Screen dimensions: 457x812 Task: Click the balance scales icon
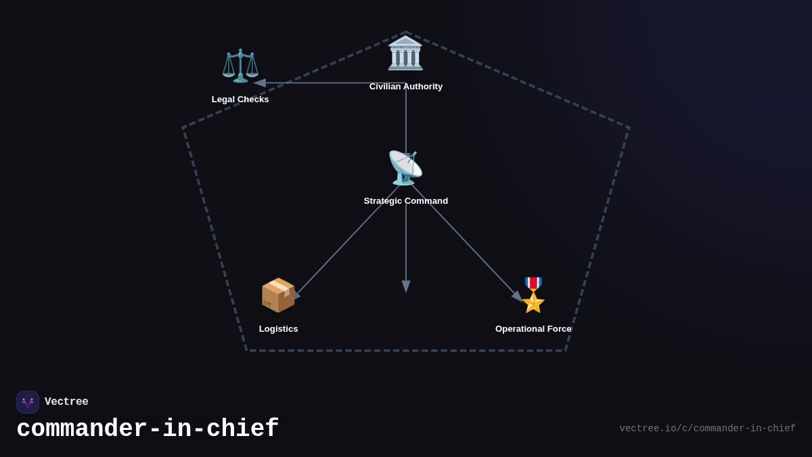240,66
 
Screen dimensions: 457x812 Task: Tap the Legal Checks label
240,100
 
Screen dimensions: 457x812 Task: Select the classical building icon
405,53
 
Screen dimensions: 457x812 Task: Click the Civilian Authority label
406,87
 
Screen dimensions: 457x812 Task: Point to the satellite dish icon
405,168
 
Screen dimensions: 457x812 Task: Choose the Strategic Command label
406,201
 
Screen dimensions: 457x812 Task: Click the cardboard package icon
278,295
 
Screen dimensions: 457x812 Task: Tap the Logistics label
278,329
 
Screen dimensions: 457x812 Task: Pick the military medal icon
533,295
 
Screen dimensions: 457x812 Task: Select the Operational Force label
533,329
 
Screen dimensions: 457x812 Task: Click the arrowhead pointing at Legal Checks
259,83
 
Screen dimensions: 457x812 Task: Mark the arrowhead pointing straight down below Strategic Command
406,286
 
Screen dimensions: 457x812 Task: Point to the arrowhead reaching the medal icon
517,296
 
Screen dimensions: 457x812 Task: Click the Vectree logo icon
28,402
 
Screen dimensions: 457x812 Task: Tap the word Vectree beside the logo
66,402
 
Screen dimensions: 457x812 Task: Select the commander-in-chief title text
148,429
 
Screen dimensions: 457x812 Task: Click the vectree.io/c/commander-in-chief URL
707,429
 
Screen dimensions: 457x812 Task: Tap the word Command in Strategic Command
426,201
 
